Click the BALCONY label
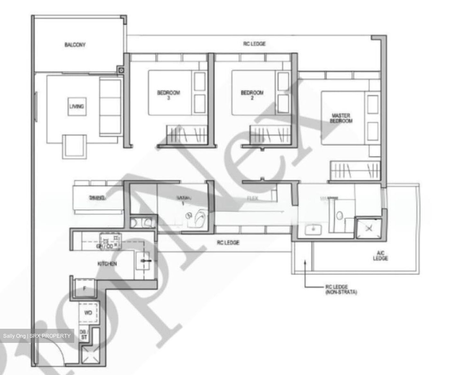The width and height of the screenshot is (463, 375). click(x=75, y=45)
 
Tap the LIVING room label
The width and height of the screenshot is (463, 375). click(x=77, y=106)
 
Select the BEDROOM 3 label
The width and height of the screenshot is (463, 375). click(x=168, y=95)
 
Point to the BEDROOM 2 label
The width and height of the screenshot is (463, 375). click(x=252, y=95)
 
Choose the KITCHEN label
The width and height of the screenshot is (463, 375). click(x=107, y=264)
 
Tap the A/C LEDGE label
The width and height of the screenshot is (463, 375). click(x=380, y=256)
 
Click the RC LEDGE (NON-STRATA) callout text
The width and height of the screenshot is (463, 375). click(x=341, y=290)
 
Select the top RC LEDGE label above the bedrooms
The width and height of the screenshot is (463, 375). click(x=254, y=44)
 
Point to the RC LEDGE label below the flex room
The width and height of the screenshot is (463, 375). click(x=228, y=242)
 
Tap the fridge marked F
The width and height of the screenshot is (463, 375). click(x=85, y=288)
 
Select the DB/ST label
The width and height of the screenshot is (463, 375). click(x=84, y=335)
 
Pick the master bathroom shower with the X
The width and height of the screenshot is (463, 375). click(x=369, y=228)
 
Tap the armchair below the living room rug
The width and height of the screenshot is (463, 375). click(x=75, y=146)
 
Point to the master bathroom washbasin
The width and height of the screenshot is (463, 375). click(x=313, y=230)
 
